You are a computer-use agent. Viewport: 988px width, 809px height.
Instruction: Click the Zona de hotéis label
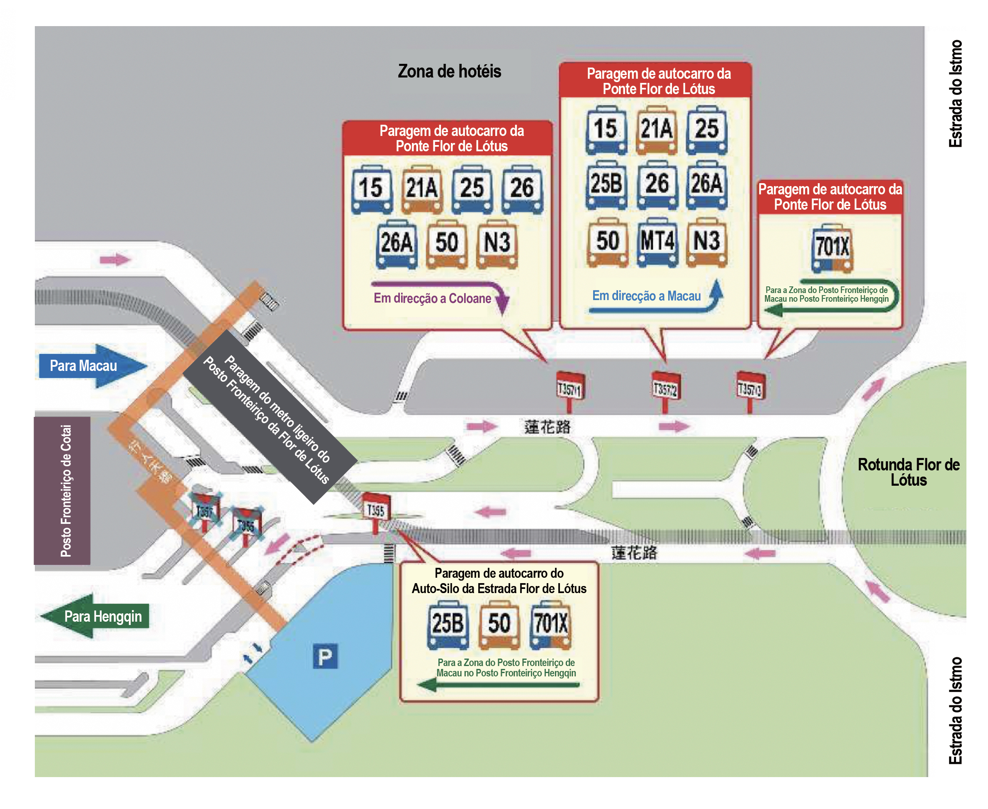(x=449, y=71)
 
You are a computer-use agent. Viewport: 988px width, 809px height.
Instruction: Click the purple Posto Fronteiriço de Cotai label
(x=63, y=490)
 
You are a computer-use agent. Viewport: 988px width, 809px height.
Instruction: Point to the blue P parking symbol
(x=325, y=656)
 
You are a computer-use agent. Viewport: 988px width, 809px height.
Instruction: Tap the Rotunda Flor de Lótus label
(x=908, y=472)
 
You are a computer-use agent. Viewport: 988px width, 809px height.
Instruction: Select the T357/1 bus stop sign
(x=570, y=387)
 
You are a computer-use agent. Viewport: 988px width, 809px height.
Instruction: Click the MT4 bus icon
(x=657, y=242)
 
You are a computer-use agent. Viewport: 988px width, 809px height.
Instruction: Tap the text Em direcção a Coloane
(x=432, y=298)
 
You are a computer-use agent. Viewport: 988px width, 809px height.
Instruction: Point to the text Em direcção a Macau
(x=646, y=296)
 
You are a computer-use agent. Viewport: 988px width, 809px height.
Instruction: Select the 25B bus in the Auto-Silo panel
(x=448, y=625)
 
